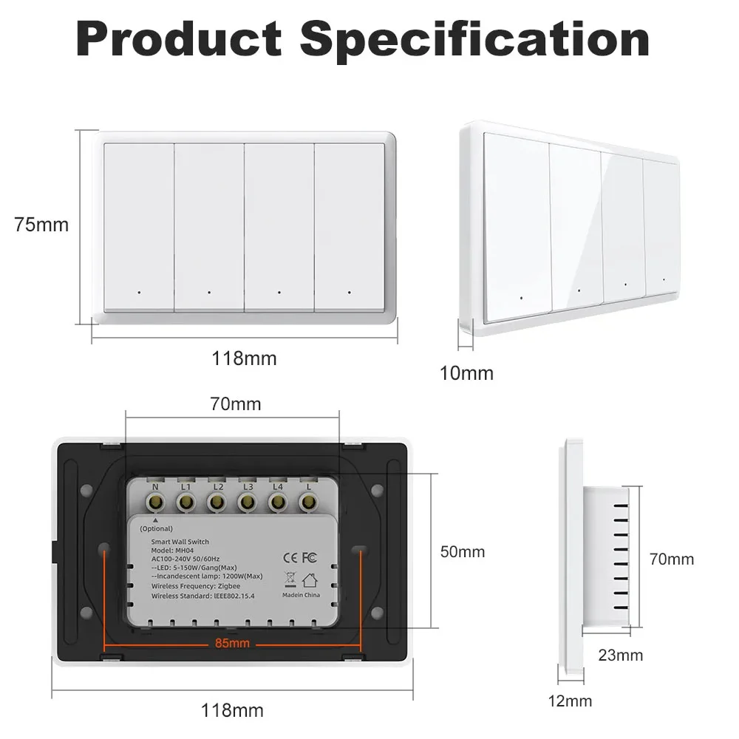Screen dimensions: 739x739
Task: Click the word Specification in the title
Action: (x=474, y=40)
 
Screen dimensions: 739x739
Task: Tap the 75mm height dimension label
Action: (x=41, y=225)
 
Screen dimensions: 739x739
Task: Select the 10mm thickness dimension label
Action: (x=466, y=373)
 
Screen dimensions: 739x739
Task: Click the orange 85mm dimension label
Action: (x=232, y=643)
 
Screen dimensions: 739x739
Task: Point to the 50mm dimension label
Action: (x=463, y=552)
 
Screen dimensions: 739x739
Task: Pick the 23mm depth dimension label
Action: (x=621, y=655)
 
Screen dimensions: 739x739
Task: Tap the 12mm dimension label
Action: (x=570, y=701)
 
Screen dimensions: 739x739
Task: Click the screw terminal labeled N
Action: (x=155, y=502)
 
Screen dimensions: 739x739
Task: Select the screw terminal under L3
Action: (x=247, y=502)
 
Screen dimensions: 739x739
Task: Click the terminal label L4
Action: (x=278, y=486)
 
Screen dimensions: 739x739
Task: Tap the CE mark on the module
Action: (x=290, y=558)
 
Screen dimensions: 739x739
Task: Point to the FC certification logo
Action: (x=309, y=557)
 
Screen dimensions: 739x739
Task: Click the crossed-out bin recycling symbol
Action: (x=290, y=579)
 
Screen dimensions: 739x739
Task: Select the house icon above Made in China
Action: (x=310, y=579)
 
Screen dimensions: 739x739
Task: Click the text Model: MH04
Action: (x=172, y=551)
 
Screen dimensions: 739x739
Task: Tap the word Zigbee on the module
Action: (x=229, y=586)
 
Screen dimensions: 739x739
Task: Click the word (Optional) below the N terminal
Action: (x=157, y=529)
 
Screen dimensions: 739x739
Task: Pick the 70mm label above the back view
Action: (x=236, y=404)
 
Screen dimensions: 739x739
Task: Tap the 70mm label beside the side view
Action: (x=672, y=559)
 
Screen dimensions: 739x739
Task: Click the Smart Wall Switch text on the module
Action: (x=180, y=542)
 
